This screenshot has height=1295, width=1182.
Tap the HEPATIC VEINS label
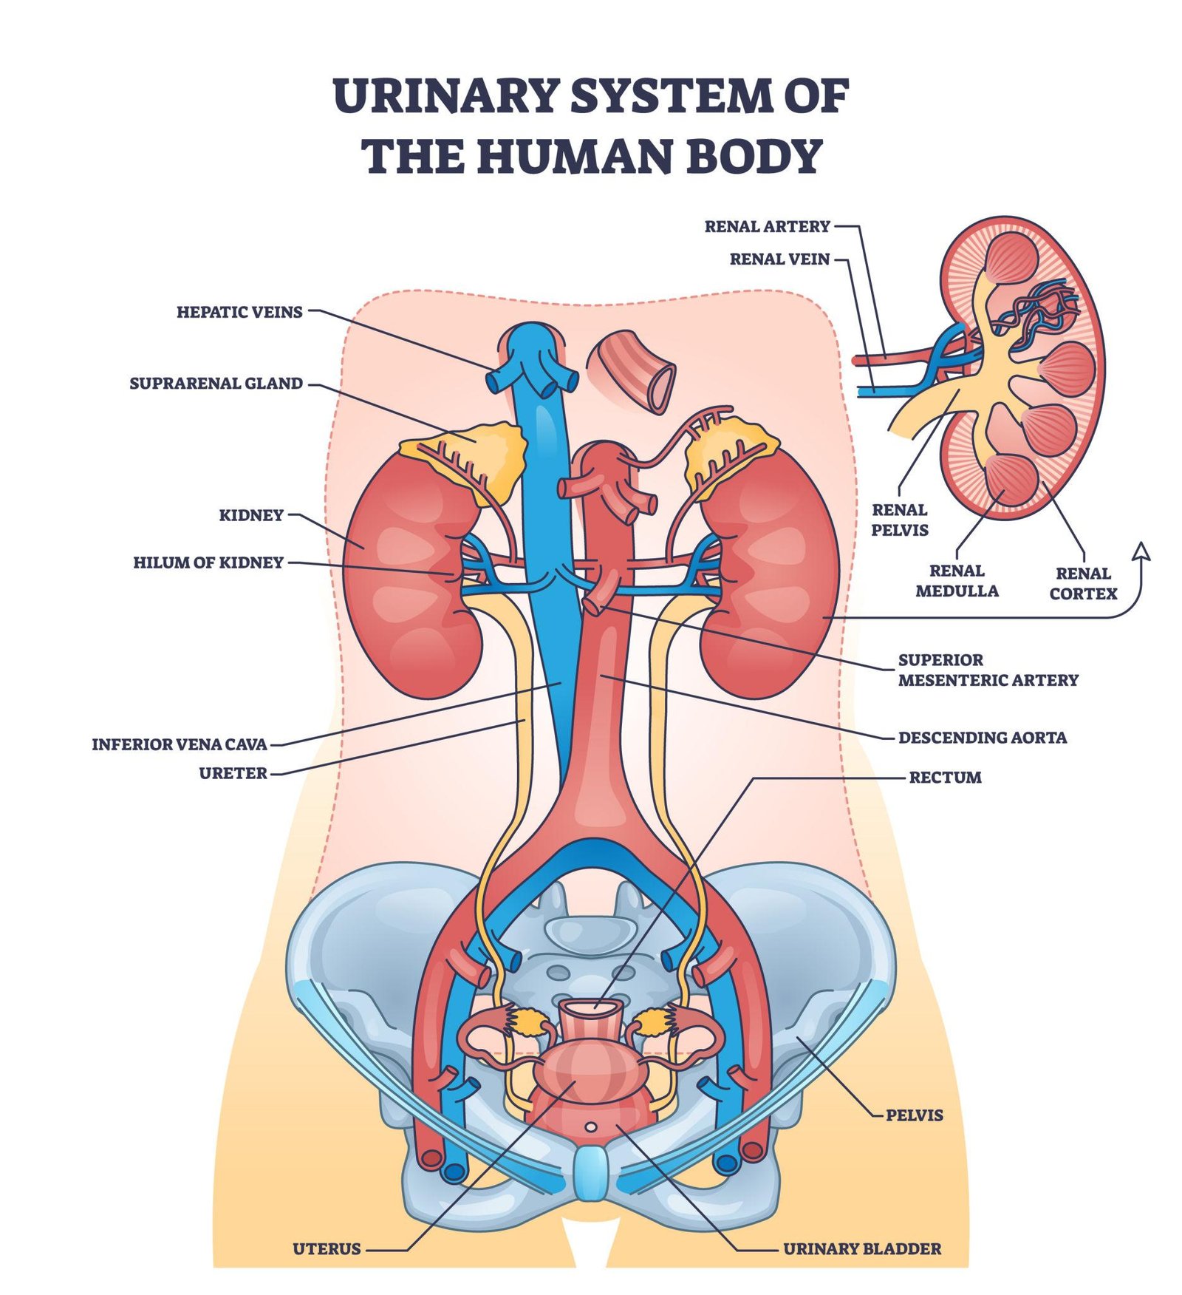(x=239, y=312)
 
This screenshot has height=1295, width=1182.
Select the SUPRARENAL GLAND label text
(x=216, y=384)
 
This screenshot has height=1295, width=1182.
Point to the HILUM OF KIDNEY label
(x=208, y=562)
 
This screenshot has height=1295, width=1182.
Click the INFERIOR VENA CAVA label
(x=179, y=744)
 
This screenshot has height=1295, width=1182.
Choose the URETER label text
(x=233, y=773)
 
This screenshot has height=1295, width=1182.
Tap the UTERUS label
(x=327, y=1249)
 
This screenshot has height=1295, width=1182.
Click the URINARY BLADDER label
(x=862, y=1249)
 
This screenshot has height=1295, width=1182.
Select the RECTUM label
(x=945, y=778)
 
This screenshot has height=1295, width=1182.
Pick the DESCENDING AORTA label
(x=982, y=738)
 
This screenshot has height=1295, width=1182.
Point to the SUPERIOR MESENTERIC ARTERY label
(x=988, y=670)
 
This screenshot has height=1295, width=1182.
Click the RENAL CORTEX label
(x=1083, y=583)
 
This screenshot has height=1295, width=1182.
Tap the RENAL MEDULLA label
(x=957, y=581)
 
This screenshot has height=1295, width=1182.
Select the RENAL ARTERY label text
(x=767, y=226)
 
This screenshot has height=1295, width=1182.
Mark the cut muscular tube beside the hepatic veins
(x=632, y=370)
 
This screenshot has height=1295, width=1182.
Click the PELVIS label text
(x=915, y=1115)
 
